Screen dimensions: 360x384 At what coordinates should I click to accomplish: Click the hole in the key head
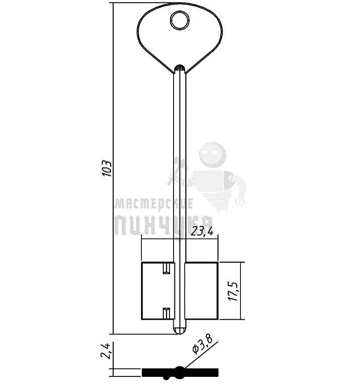tap(180, 21)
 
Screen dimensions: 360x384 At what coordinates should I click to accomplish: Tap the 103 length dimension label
tap(107, 168)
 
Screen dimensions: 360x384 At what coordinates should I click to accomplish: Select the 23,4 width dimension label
tap(202, 231)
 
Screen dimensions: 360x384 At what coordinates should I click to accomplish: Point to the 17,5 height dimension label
tap(233, 291)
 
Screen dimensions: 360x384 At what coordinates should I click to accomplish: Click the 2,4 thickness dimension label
tap(106, 351)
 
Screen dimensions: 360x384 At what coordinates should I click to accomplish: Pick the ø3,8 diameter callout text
tap(202, 344)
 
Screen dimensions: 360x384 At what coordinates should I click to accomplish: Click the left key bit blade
tap(158, 291)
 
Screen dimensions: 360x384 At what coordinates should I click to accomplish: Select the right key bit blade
tap(201, 291)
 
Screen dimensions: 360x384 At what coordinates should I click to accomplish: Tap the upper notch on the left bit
tap(166, 268)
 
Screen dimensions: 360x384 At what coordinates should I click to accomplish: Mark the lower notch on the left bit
tap(166, 313)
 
